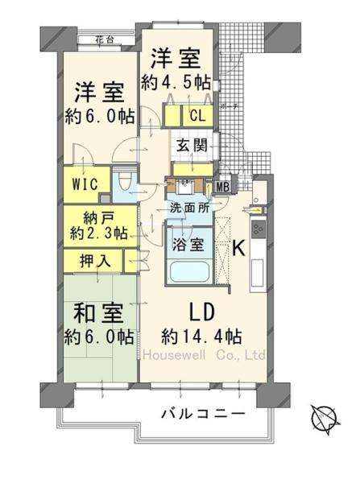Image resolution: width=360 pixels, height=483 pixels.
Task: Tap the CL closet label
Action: tap(197, 115)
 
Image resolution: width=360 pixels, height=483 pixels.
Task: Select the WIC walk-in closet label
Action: tap(85, 183)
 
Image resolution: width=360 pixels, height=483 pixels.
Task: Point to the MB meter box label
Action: tap(222, 188)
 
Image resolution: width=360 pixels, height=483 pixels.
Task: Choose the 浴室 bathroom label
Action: tap(186, 239)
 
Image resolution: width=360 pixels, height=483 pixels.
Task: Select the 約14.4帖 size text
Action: tap(201, 335)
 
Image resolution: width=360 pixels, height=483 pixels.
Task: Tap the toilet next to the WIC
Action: tap(123, 184)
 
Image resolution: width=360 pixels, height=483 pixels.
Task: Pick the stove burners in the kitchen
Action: tap(260, 228)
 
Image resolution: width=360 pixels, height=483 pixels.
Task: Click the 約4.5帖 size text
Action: tap(177, 81)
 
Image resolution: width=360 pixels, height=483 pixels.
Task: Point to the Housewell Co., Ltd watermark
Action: tap(204, 355)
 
